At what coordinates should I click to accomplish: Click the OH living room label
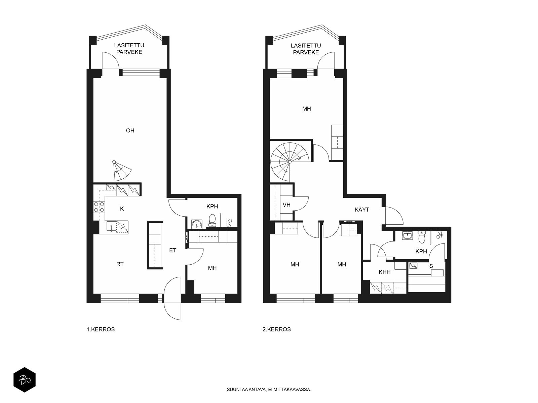130,131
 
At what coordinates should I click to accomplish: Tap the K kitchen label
122,209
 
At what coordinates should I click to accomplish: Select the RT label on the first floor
120,264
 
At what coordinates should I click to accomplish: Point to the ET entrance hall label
173,250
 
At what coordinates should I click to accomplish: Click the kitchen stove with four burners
99,207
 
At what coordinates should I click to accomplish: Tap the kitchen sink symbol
111,226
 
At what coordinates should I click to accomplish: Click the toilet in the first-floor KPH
212,220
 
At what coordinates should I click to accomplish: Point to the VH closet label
286,205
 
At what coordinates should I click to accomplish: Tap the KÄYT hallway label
362,210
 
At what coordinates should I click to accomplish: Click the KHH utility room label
384,272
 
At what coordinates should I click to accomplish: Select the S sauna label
431,266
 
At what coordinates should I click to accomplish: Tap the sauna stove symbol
414,266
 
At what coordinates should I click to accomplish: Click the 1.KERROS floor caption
101,329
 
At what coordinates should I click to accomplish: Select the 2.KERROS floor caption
277,329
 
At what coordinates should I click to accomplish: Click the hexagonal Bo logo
25,380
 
